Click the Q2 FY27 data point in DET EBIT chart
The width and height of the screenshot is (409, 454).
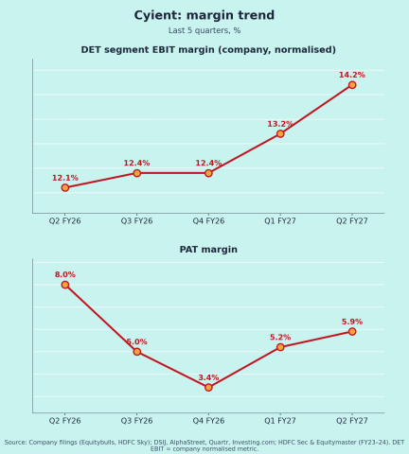[352, 85]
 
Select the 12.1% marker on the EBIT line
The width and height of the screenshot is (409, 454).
[65, 187]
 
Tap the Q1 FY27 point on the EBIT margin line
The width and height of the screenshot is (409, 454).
[280, 133]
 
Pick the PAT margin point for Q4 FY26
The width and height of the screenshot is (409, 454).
[208, 387]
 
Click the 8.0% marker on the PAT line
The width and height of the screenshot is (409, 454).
[65, 285]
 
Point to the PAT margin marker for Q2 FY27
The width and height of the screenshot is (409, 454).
[352, 331]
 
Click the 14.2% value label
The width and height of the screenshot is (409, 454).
[352, 75]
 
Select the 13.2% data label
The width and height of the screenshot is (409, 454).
[280, 124]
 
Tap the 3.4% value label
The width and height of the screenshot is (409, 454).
[208, 377]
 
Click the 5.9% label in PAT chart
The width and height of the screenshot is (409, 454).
[352, 322]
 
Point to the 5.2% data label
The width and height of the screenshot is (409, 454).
[280, 338]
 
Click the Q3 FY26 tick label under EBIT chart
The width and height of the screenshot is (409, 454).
[136, 221]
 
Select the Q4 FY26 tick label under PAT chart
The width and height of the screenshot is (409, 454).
[208, 421]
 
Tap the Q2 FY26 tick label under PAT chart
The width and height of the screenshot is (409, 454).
[64, 421]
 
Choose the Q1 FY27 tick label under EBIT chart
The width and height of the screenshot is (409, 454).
[280, 221]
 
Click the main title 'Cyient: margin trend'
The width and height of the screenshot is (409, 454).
[204, 15]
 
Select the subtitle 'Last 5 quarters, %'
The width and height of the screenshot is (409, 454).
[204, 30]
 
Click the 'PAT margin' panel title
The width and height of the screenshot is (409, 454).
[208, 250]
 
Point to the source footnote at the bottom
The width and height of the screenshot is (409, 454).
[204, 445]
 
